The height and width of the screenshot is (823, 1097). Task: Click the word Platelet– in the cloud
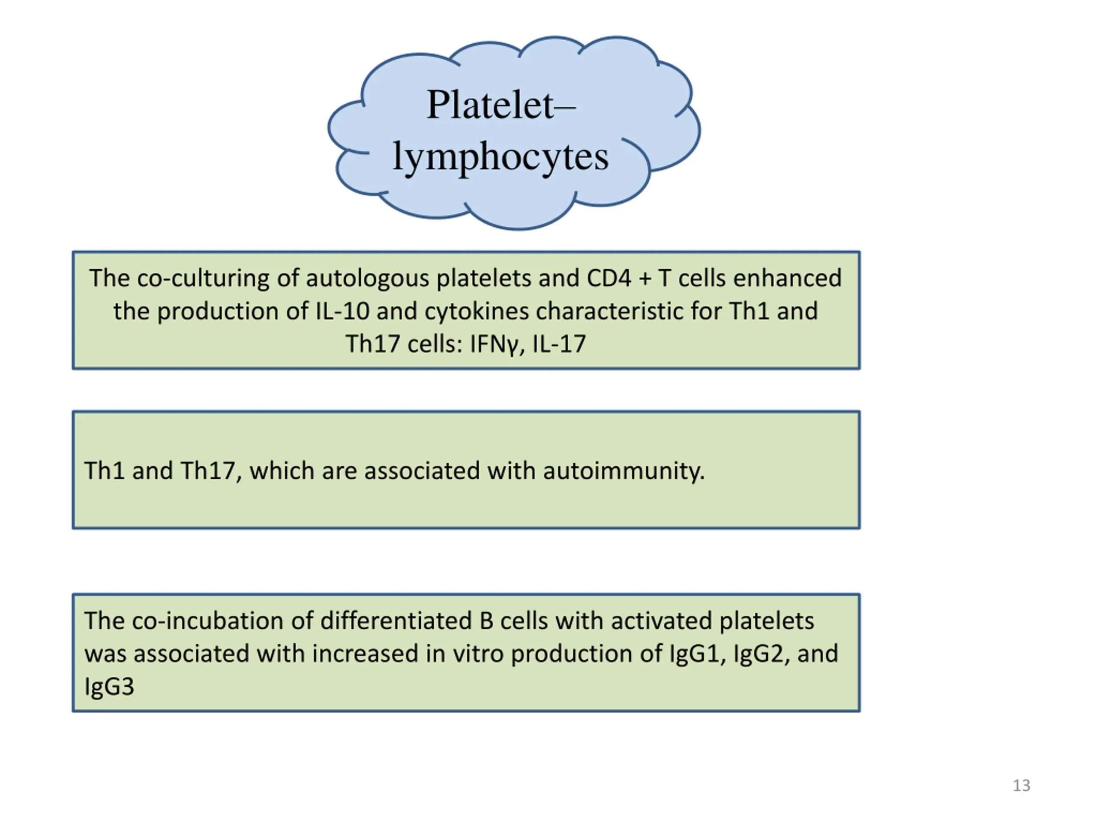[x=501, y=105]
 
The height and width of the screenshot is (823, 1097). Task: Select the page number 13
[x=1021, y=785]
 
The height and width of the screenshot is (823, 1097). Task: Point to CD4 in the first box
[x=609, y=278]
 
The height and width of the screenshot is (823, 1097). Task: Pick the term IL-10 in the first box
[x=343, y=312]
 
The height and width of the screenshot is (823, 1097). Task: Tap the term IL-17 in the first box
[x=559, y=344]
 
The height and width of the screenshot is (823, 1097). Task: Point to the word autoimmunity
[x=624, y=471]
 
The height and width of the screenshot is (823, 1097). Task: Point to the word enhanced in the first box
[x=787, y=278]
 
